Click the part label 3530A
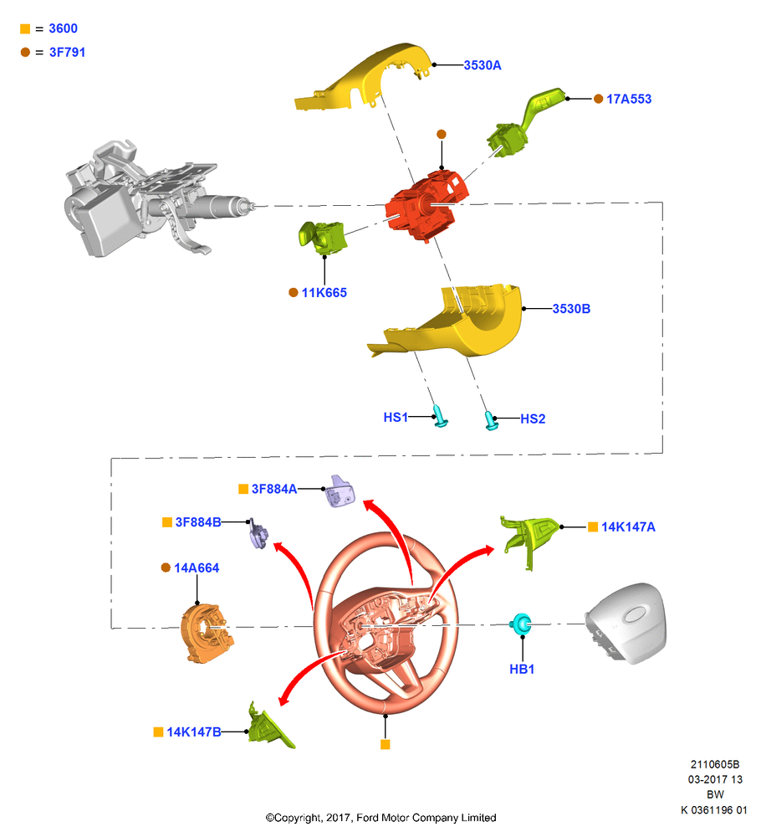click(x=483, y=65)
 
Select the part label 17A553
click(x=629, y=99)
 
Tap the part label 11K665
click(x=324, y=292)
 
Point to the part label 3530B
click(x=571, y=309)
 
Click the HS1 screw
click(x=440, y=416)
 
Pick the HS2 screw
click(x=491, y=421)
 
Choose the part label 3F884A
click(x=274, y=489)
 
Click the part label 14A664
click(x=197, y=568)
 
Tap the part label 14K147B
click(x=194, y=732)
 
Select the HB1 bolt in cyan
click(x=520, y=624)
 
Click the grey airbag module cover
click(x=626, y=623)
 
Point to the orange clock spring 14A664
click(x=207, y=634)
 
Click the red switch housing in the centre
click(x=426, y=206)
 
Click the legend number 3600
click(x=63, y=28)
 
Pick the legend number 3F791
click(x=67, y=52)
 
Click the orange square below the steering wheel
click(x=386, y=744)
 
